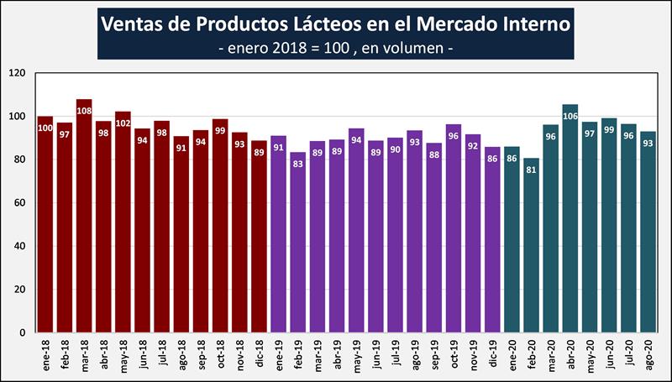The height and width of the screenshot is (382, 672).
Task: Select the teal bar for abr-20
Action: click(570, 218)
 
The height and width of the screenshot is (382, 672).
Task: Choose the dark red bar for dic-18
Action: click(260, 236)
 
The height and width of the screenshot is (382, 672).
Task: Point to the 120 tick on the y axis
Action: click(18, 74)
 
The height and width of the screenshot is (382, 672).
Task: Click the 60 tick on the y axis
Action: click(21, 203)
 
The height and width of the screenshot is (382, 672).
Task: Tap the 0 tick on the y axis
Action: click(24, 332)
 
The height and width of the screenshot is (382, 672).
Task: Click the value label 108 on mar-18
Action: click(84, 110)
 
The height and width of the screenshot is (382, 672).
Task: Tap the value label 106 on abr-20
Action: click(570, 115)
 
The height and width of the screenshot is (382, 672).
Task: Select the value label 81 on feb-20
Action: click(532, 169)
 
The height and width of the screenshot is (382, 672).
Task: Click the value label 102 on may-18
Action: click(123, 123)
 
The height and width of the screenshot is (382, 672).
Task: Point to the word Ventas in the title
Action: click(134, 23)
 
